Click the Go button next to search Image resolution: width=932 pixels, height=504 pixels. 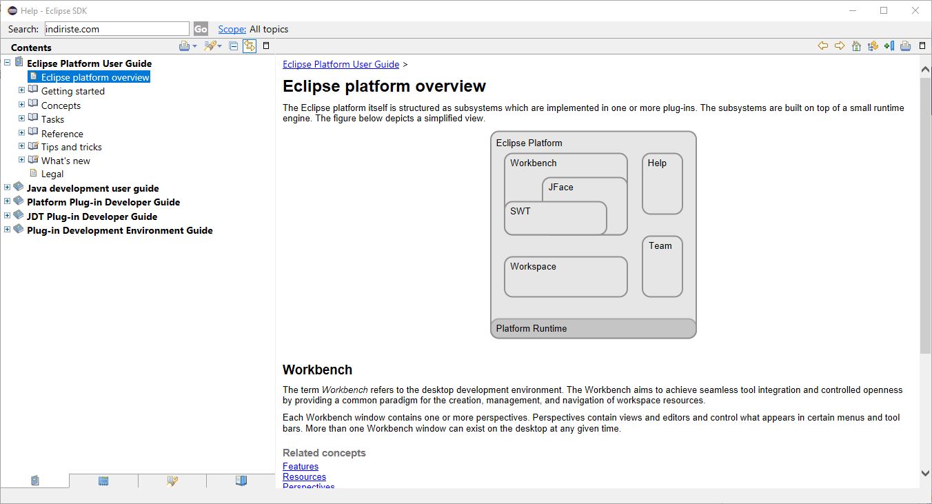(x=201, y=29)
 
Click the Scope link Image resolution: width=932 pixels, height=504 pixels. (x=232, y=29)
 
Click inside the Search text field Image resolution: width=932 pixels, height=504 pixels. (x=116, y=29)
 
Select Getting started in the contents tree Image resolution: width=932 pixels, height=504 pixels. (x=73, y=91)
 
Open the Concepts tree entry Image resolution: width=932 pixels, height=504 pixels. (x=61, y=105)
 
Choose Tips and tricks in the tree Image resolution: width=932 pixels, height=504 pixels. (x=72, y=147)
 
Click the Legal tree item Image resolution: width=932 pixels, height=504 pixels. (x=52, y=174)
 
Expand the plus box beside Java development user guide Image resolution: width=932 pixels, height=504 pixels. (x=7, y=188)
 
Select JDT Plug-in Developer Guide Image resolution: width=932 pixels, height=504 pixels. (x=92, y=216)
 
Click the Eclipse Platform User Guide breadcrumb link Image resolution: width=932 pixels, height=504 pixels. (x=341, y=65)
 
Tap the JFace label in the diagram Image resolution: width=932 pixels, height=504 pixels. (x=560, y=188)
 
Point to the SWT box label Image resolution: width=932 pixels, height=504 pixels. (x=520, y=211)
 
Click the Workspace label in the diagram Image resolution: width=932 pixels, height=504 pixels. (x=533, y=266)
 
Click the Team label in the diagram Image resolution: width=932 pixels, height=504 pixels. (x=660, y=245)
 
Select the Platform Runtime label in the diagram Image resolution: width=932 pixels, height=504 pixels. (x=531, y=328)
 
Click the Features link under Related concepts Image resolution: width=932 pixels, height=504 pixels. (x=301, y=466)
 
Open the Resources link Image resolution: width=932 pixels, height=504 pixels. (x=304, y=476)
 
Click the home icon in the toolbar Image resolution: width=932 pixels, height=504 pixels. (x=856, y=46)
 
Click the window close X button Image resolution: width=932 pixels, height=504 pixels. (x=915, y=11)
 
